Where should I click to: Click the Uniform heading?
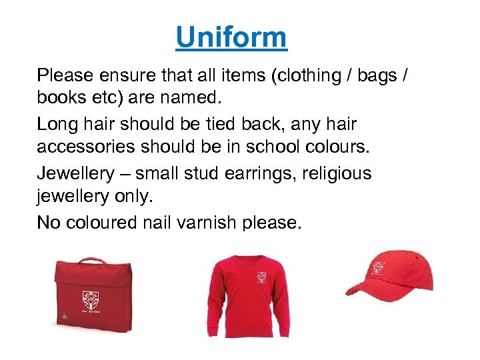(x=231, y=37)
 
